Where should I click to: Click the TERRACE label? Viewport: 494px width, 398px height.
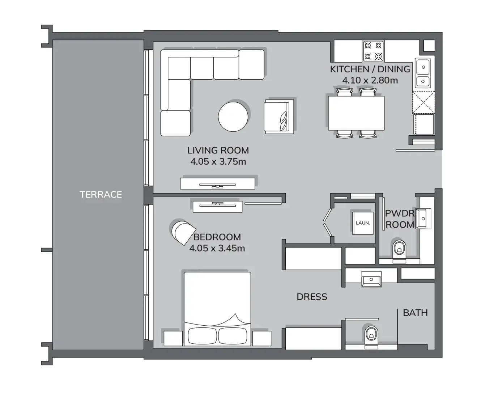101,195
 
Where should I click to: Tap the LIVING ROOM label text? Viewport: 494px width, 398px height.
218,150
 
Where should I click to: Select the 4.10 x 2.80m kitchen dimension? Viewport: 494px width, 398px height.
370,80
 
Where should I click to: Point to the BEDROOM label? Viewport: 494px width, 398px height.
217,237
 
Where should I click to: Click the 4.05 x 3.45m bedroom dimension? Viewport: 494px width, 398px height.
217,248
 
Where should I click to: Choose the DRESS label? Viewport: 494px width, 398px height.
312,297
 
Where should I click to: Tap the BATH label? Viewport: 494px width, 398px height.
415,313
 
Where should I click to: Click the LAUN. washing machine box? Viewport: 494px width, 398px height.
363,223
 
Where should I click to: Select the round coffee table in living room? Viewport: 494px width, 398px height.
233,117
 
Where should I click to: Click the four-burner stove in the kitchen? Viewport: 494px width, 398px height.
373,51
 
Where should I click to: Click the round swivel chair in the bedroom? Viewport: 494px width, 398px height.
182,232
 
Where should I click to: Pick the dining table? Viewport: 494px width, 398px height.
356,113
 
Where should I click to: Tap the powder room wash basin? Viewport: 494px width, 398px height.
423,219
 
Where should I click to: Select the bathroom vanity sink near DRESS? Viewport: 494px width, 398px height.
371,279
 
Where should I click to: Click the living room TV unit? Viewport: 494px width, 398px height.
218,183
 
